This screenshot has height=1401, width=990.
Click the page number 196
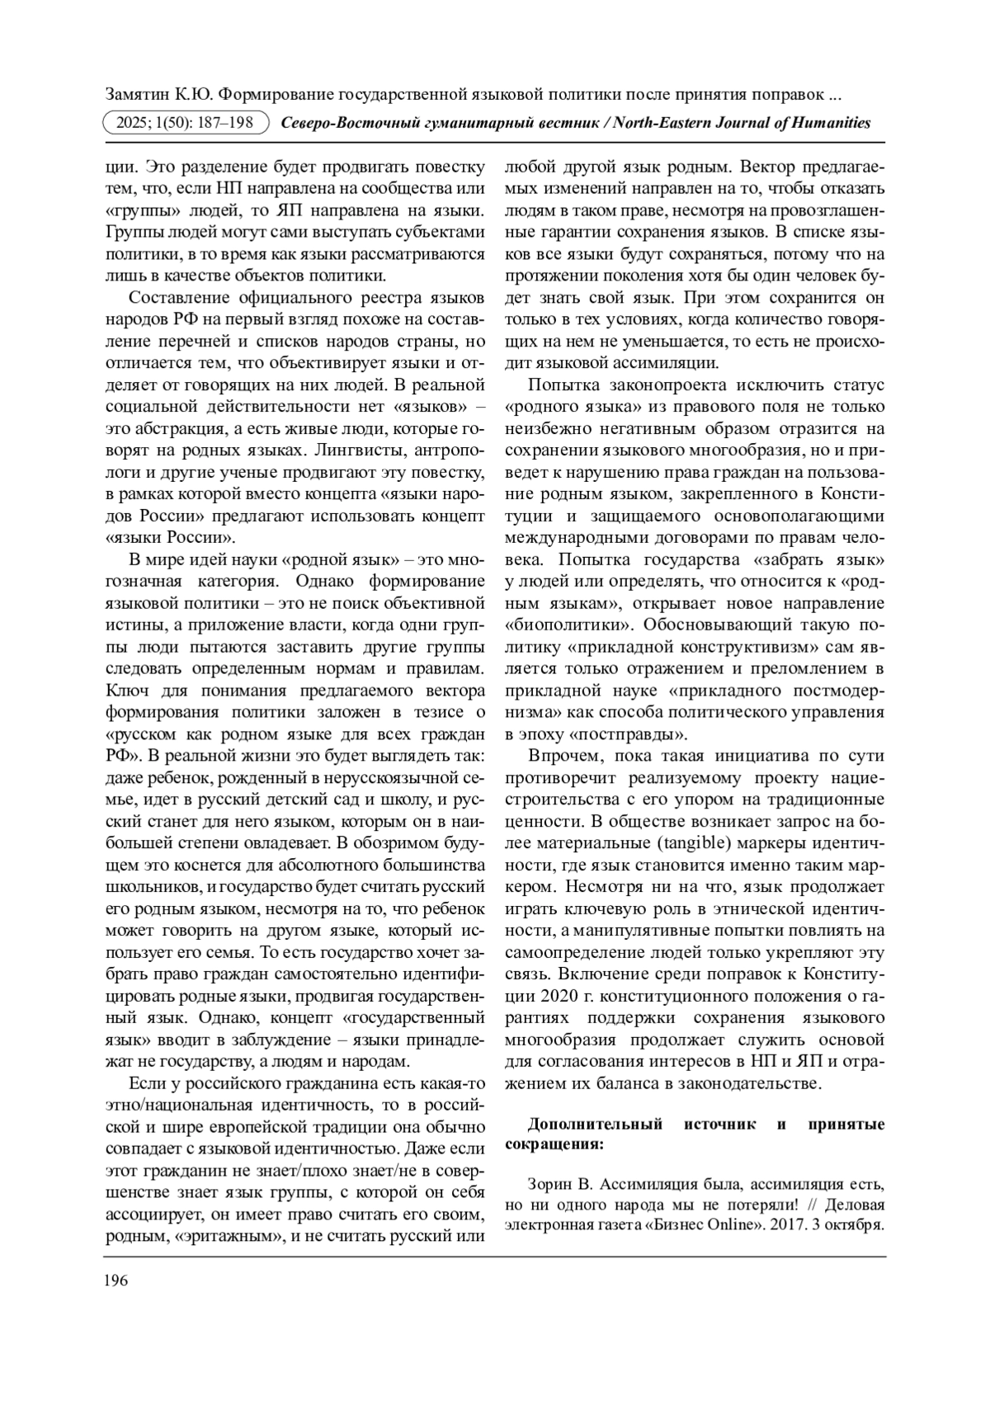tap(116, 1281)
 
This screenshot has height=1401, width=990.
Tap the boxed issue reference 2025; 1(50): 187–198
tap(185, 123)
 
